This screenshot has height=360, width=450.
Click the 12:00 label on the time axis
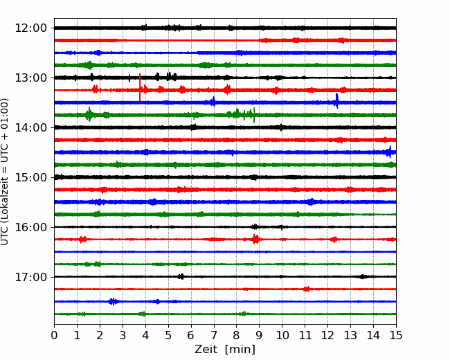30,28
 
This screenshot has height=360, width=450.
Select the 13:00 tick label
30,78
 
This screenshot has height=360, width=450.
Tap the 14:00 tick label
30,127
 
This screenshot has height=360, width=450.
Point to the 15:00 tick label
30,177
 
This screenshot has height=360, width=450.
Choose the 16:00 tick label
30,227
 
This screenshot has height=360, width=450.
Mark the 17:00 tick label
30,277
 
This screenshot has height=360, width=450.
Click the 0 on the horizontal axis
54,335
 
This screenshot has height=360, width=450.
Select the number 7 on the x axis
214,335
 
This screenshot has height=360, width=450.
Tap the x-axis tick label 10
282,335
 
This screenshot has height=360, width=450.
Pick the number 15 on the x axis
396,335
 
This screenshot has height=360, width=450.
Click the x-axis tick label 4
145,335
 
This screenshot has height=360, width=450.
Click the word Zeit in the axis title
206,350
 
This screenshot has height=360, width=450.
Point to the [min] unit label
240,350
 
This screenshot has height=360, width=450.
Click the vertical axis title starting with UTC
5,172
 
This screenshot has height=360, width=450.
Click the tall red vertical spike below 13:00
140,87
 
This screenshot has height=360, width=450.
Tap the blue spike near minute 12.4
337,101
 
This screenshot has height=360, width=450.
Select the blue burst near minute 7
213,102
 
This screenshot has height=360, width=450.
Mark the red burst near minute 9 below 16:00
255,239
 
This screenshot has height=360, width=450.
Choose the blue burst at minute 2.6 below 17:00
114,301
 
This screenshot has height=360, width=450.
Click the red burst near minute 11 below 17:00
307,289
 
